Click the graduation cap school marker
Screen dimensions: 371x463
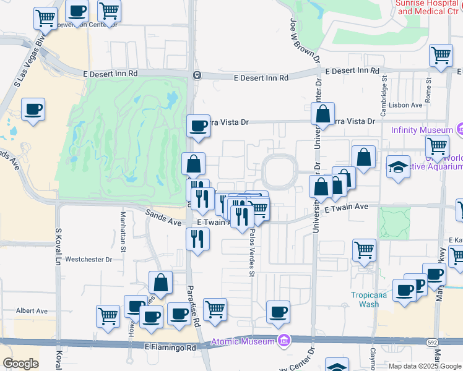pos(398,166)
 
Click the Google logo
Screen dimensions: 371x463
pos(20,363)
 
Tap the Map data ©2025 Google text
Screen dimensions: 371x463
pos(425,366)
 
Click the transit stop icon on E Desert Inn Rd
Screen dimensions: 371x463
pos(196,75)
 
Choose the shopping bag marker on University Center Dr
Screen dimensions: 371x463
pos(322,114)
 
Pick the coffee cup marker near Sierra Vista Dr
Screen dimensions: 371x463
pos(199,126)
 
